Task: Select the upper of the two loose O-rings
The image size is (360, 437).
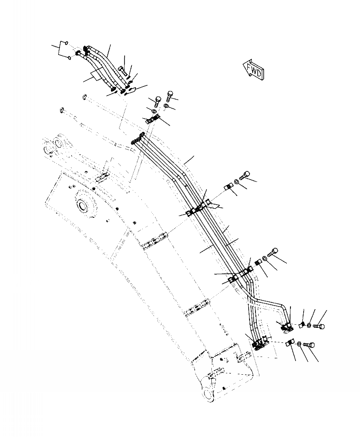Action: [x=67, y=44]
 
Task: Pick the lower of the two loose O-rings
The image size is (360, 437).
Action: [x=69, y=58]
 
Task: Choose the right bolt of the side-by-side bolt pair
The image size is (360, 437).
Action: [x=170, y=95]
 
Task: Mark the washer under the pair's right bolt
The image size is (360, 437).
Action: [x=166, y=106]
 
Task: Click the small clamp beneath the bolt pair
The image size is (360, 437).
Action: [x=152, y=120]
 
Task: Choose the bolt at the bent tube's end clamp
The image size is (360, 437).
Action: [x=320, y=325]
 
